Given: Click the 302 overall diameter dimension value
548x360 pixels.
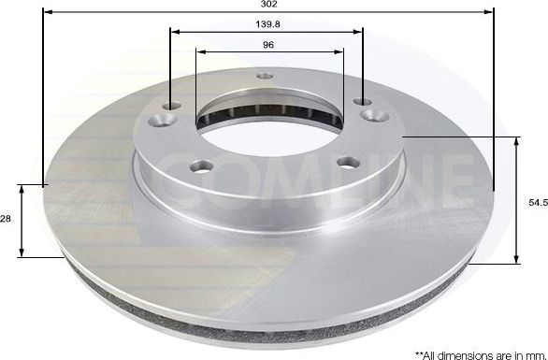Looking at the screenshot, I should click(x=269, y=5).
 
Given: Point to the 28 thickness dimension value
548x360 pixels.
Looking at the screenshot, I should click(x=6, y=218).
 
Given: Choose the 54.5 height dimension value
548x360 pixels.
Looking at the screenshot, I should click(x=537, y=200).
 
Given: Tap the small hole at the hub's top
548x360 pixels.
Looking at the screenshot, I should click(x=265, y=77).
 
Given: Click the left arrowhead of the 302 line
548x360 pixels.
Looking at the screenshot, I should click(x=47, y=12).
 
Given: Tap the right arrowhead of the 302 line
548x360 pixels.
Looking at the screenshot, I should click(x=489, y=12).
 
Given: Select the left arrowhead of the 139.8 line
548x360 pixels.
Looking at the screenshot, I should click(x=173, y=32).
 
